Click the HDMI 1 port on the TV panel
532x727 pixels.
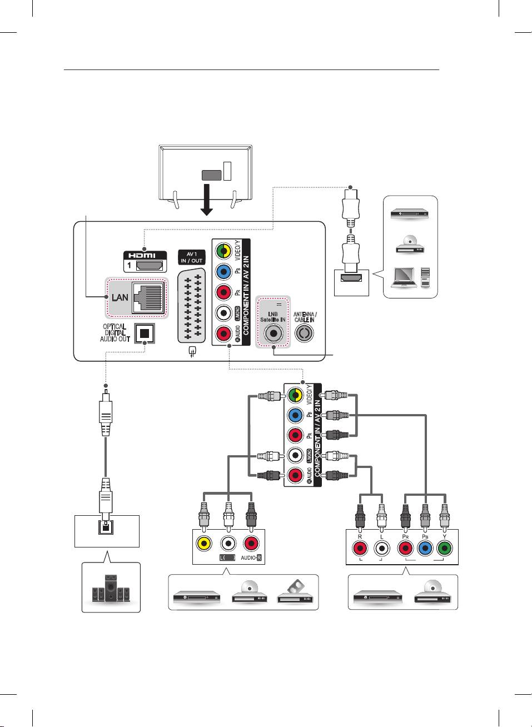point(150,265)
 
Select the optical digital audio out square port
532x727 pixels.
point(145,333)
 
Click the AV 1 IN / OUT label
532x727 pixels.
point(192,257)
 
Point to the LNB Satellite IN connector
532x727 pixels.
point(273,333)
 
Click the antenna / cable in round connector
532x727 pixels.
point(304,333)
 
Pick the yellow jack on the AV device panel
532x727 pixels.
point(204,543)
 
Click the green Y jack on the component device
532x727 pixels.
point(444,549)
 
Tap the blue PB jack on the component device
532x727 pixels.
point(425,549)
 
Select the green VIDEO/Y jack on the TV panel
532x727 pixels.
point(223,251)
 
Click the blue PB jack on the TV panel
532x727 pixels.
point(223,272)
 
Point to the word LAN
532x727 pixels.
point(120,297)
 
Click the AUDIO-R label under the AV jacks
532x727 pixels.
point(251,557)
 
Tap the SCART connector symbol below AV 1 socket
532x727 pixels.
point(192,352)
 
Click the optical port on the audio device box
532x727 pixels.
point(106,526)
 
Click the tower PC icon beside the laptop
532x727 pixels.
point(425,277)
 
